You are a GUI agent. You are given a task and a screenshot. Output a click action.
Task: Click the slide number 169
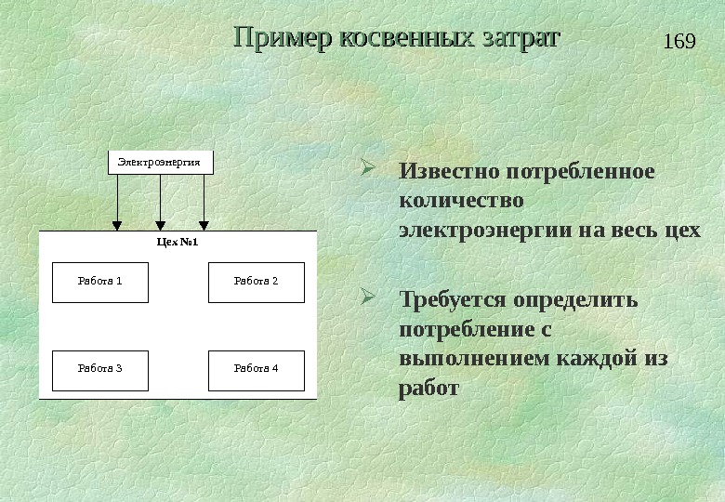tap(680, 43)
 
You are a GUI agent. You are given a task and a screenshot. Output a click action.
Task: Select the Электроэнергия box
tap(161, 162)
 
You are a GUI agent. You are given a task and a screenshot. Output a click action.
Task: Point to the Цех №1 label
tap(178, 243)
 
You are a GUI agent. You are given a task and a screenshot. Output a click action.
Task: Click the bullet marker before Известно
tap(366, 170)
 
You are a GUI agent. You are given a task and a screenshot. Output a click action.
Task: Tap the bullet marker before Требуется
tap(366, 298)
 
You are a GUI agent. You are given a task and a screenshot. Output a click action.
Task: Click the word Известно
tap(449, 173)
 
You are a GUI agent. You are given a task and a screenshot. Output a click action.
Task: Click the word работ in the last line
tap(428, 388)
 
